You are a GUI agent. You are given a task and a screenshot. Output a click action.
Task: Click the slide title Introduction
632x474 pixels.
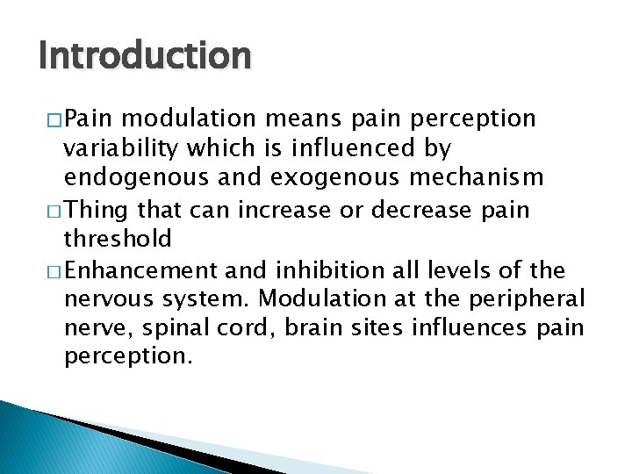tap(145, 55)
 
